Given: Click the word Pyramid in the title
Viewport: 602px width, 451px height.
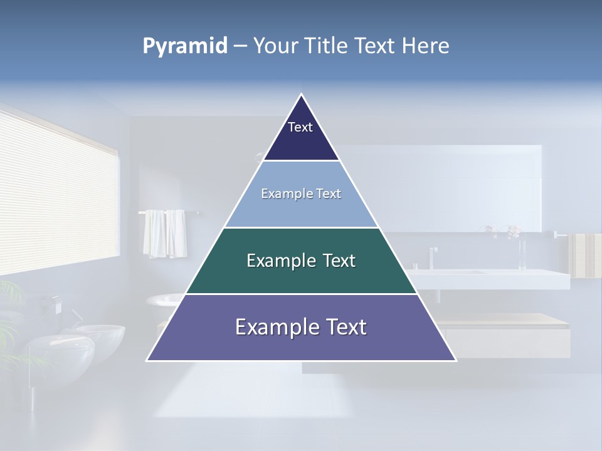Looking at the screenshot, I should tap(184, 46).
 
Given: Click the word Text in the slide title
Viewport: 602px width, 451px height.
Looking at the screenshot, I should tap(378, 46).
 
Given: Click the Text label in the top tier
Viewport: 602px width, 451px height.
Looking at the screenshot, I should tap(300, 127).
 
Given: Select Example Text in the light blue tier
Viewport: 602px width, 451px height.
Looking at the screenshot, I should tap(301, 194).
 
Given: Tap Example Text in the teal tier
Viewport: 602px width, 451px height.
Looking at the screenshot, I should tap(301, 261).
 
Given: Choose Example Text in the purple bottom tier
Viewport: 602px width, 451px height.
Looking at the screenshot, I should tap(301, 327).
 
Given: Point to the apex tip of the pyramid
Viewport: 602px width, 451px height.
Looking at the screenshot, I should tap(302, 95).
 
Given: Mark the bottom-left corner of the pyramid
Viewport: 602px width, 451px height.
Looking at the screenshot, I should tap(147, 360).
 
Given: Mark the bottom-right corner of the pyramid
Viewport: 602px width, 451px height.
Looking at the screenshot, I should tap(455, 360).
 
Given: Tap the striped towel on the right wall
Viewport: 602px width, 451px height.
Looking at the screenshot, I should tap(584, 255).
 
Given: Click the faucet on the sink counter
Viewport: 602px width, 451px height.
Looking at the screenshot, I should tap(433, 257).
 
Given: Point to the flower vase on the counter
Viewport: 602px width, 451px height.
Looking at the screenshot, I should tap(521, 251).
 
